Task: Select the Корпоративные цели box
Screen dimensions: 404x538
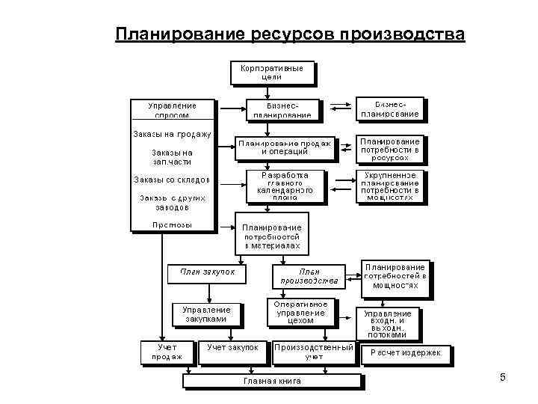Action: [x=271, y=72]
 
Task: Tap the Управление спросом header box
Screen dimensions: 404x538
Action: [x=173, y=109]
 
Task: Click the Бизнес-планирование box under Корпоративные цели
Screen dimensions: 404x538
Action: [x=282, y=109]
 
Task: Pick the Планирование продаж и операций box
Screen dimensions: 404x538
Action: [x=285, y=147]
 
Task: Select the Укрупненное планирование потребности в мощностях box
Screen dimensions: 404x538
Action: [x=390, y=187]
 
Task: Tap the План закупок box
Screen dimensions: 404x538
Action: [x=207, y=272]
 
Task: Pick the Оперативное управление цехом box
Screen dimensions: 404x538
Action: [x=300, y=313]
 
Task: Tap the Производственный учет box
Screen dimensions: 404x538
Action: [x=313, y=352]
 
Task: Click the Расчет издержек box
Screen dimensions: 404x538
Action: [x=406, y=353]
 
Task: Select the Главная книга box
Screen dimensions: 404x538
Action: [x=273, y=381]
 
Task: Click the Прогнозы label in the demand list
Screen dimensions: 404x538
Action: [x=172, y=224]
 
